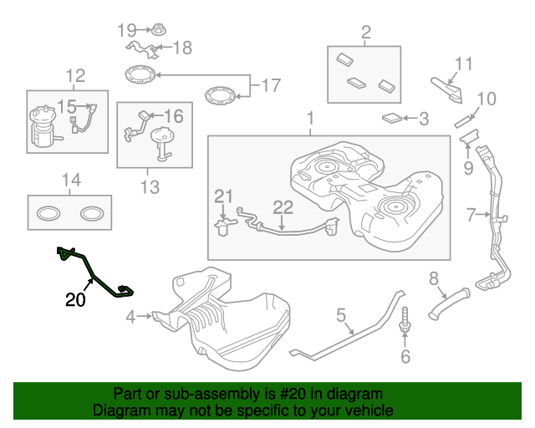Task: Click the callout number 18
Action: pos(181,48)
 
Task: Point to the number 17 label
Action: pos(271,85)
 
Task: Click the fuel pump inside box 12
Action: pos(43,128)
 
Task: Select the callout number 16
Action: pos(173,115)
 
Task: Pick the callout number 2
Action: pos(365,33)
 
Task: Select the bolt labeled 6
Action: pos(405,325)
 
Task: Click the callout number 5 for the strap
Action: pos(341,315)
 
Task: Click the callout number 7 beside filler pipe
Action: pos(471,215)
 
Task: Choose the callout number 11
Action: pos(464,63)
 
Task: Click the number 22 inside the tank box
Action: pos(283,206)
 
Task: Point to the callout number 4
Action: pos(130,317)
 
